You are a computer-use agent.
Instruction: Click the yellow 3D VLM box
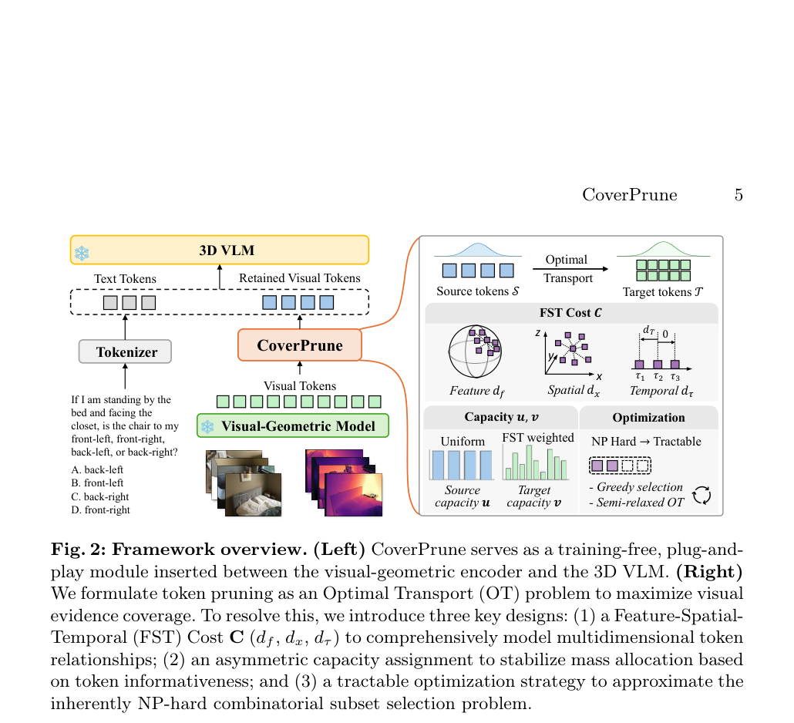(219, 250)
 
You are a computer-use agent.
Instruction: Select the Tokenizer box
(125, 351)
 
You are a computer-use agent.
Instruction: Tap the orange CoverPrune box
(300, 345)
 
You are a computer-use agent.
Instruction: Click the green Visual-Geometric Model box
(293, 425)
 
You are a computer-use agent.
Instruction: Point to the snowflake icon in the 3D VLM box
(82, 253)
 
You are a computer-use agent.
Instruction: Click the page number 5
(738, 195)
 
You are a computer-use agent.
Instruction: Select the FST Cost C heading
(570, 313)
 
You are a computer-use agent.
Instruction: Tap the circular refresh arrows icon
(701, 495)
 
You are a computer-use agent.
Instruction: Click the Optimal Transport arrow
(570, 269)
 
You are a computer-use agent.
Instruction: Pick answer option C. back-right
(99, 496)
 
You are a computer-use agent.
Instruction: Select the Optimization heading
(648, 418)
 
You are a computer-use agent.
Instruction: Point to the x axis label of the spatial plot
(599, 377)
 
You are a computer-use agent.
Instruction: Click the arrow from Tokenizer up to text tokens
(125, 327)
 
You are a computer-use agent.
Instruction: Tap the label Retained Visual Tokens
(300, 278)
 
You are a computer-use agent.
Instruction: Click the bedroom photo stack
(244, 483)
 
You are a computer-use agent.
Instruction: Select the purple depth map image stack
(344, 483)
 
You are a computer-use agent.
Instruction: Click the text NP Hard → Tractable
(646, 442)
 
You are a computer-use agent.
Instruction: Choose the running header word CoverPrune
(630, 195)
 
